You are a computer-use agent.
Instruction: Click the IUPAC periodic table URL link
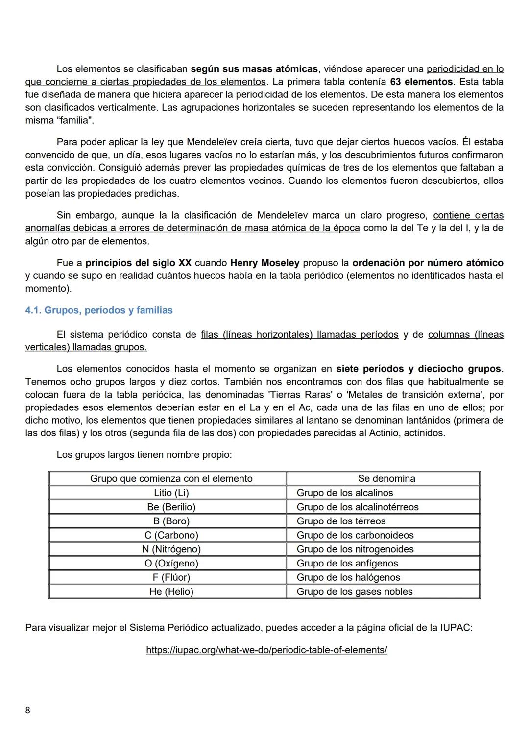tap(266, 650)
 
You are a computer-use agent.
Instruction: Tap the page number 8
tap(27, 710)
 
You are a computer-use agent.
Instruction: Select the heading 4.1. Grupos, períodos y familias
tap(99, 310)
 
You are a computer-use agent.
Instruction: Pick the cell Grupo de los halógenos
tap(348, 577)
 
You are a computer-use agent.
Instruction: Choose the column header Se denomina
tap(386, 478)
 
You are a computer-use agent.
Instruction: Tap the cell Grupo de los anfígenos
tap(347, 563)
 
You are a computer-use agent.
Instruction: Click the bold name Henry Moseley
tap(264, 263)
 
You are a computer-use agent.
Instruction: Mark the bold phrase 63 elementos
tap(421, 82)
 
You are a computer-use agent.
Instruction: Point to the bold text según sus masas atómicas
tap(254, 69)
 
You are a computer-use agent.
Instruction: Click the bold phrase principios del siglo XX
tap(138, 263)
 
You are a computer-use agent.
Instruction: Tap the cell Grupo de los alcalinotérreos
tap(358, 507)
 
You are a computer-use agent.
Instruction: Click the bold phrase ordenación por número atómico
tap(428, 263)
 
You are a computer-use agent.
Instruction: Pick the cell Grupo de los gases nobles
tap(355, 591)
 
